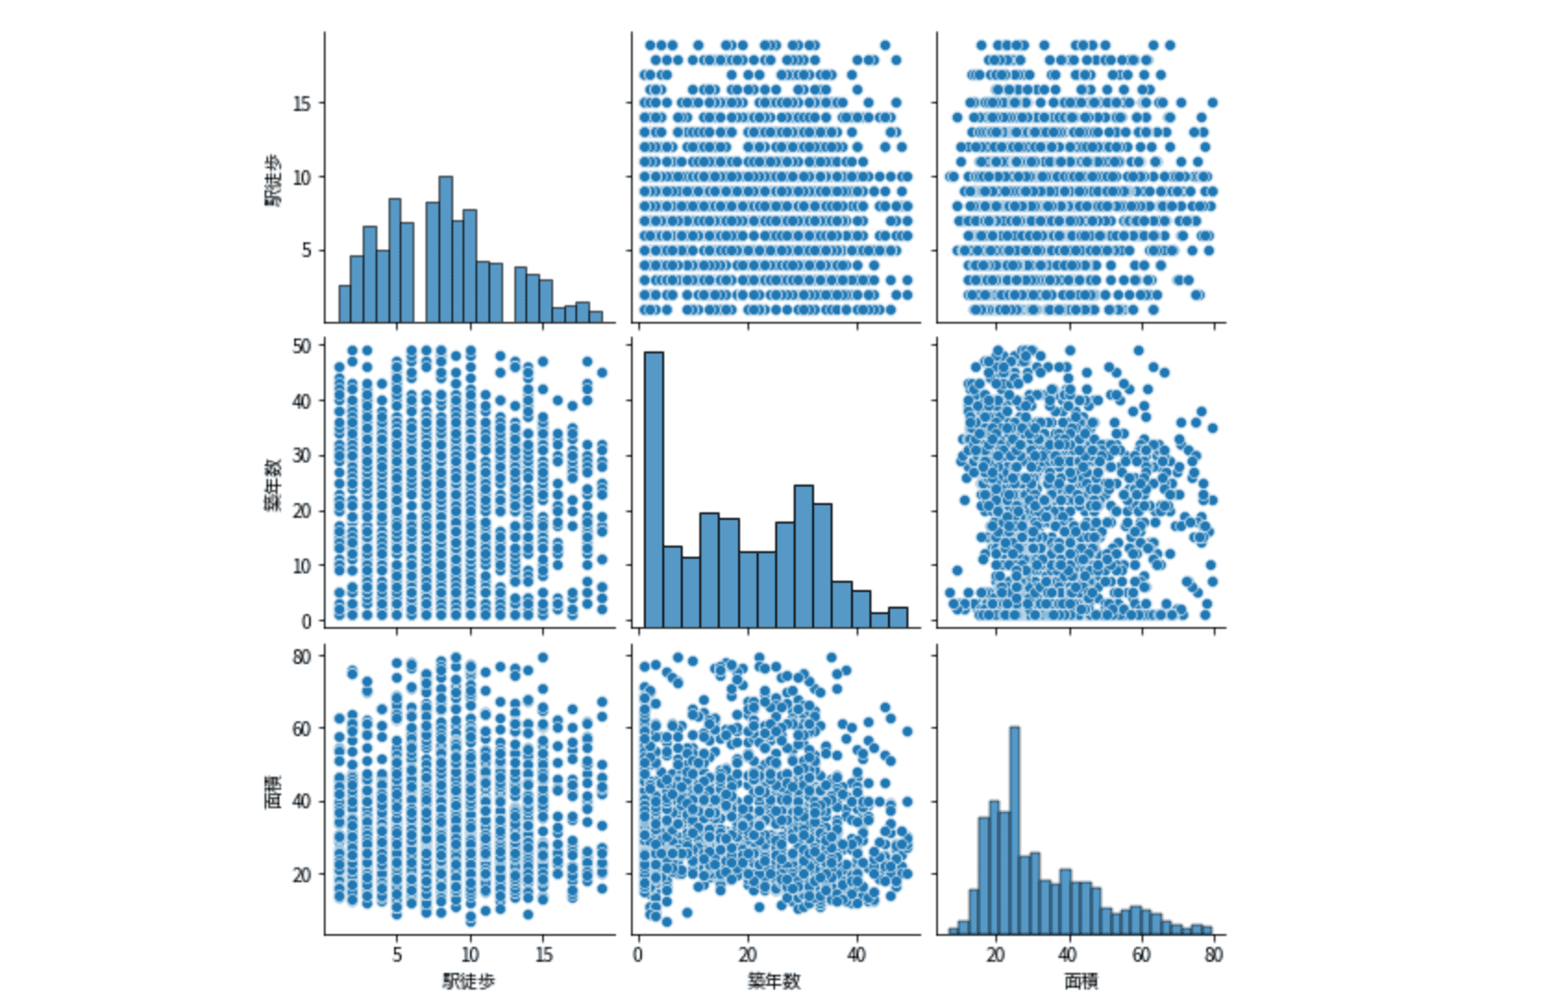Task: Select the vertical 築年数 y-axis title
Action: (274, 484)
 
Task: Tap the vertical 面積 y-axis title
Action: (274, 793)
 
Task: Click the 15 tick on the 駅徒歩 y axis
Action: (302, 103)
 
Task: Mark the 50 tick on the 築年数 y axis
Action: (302, 345)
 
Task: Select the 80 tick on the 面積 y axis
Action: (302, 655)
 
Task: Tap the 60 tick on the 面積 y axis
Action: (302, 728)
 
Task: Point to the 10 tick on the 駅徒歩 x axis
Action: (470, 954)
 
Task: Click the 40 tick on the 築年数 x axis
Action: (858, 954)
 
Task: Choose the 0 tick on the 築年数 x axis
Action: (638, 954)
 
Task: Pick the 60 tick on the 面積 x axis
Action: (1142, 954)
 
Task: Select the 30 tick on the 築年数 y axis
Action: (302, 455)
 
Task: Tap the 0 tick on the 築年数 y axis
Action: (306, 621)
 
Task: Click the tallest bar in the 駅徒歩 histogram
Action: (445, 250)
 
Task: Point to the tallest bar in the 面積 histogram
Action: (1014, 830)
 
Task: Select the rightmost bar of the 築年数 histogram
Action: (897, 618)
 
